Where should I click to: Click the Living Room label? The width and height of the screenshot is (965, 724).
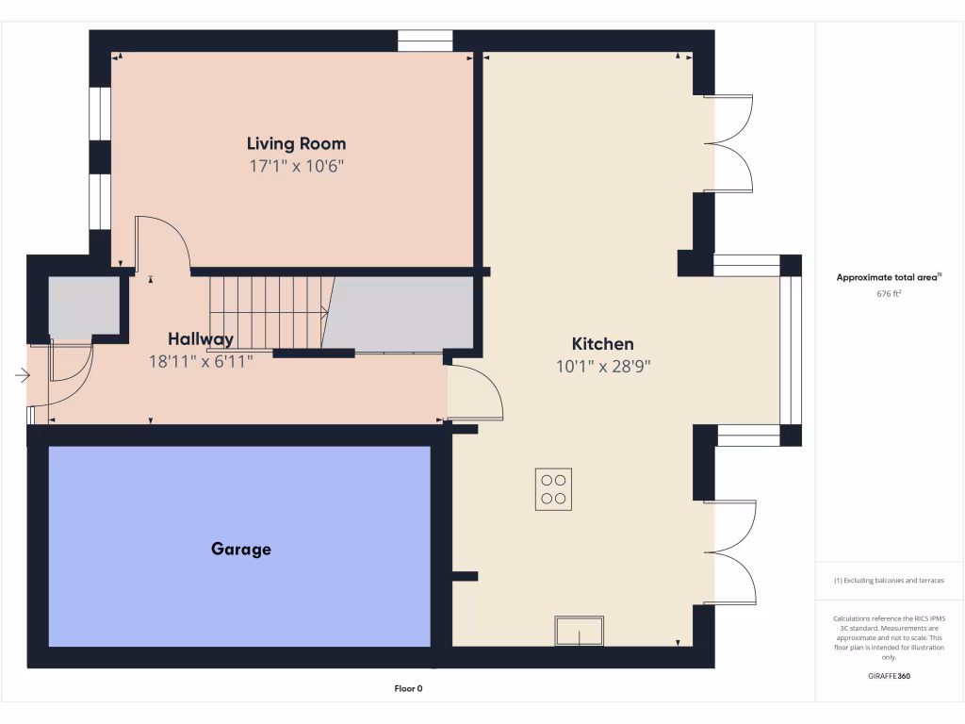[296, 144]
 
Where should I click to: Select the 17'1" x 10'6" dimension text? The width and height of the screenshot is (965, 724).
[296, 166]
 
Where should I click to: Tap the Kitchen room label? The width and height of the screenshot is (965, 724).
[602, 344]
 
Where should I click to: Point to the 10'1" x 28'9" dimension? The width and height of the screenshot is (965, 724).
[603, 367]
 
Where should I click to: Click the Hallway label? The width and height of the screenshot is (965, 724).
[201, 339]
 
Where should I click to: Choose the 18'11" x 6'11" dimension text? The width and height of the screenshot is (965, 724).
[201, 361]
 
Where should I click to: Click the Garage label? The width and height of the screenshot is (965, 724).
[240, 549]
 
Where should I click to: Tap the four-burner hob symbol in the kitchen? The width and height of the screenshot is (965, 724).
[553, 489]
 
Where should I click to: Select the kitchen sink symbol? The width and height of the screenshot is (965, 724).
[579, 631]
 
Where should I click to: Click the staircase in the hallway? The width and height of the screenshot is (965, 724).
[269, 311]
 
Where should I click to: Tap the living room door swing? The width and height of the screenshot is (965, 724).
[162, 242]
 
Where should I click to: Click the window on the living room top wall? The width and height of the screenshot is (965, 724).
[425, 41]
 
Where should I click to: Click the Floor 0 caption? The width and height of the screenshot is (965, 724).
[408, 688]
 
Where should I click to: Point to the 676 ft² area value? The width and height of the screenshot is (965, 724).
[890, 293]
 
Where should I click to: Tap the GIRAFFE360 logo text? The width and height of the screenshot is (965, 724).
[890, 676]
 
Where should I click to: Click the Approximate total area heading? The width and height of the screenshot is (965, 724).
[889, 277]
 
